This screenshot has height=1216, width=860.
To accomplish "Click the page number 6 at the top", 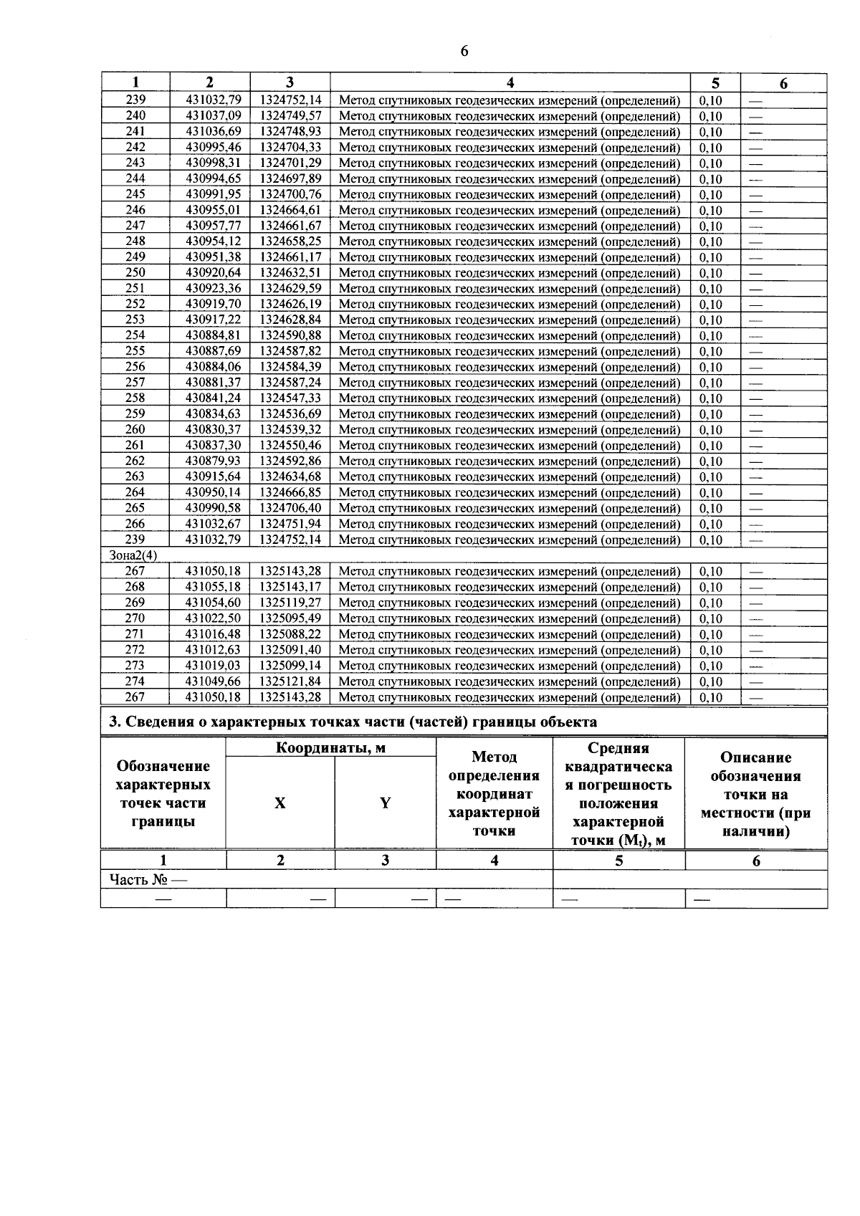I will (464, 51).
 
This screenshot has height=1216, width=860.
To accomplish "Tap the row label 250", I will (135, 273).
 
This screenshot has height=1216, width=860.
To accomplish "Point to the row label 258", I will (135, 398).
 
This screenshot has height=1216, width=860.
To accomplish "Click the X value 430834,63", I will (213, 414).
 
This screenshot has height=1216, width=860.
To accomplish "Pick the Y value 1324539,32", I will (290, 430).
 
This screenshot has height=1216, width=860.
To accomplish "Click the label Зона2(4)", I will (133, 555).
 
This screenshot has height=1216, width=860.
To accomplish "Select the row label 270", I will (135, 618).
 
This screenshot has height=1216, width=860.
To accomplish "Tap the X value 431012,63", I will (213, 650).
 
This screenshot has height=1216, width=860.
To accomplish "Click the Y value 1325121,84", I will (290, 681).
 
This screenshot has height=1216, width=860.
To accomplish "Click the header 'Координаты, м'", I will (330, 748).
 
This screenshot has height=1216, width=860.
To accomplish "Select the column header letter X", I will (279, 803).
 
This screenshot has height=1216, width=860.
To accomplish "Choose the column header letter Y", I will (385, 803).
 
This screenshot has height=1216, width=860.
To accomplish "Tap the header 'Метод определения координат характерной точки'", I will (494, 794).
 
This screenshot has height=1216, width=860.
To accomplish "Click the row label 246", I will (135, 210).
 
